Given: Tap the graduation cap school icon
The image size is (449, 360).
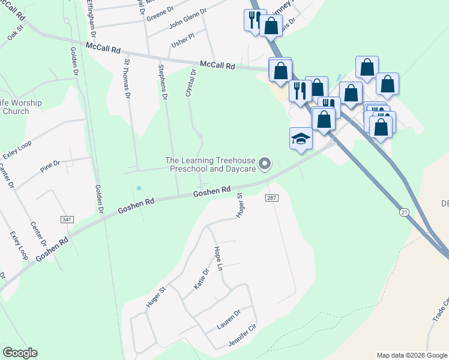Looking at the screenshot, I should pos(301,139).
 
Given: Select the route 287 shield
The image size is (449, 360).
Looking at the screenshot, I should pos(270,197).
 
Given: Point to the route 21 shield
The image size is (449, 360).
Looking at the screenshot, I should pos(406,212).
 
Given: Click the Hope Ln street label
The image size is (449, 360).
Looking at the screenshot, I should pos(218,257).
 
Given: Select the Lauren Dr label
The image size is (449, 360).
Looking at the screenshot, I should pos(229,319).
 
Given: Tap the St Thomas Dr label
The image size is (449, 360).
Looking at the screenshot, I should pos(127,78).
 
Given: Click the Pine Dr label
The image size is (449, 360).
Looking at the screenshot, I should pos(50,166).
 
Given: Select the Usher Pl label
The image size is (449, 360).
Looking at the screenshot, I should pos(183,37).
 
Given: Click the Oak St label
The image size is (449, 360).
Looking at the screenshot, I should pos(15,32).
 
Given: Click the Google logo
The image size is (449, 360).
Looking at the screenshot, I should pos(20,353).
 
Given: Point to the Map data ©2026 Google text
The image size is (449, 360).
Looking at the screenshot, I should pos(411,355).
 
